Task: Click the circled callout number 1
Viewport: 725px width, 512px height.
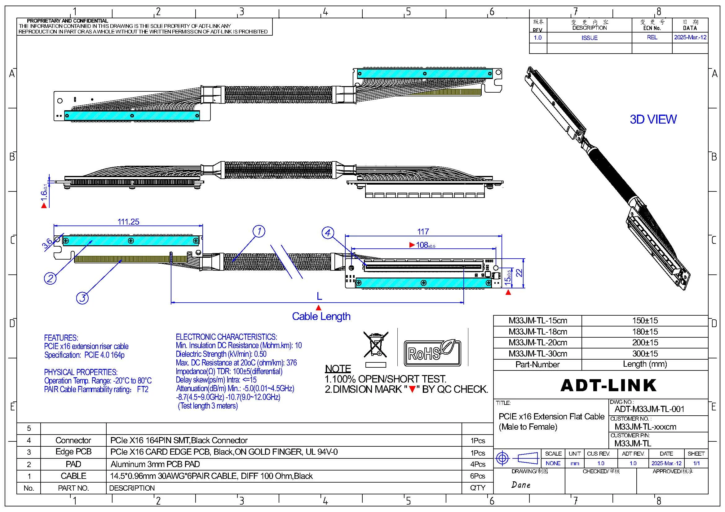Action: (x=259, y=231)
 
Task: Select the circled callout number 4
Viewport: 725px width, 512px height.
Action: (x=328, y=233)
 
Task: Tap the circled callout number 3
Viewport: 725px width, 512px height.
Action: (x=82, y=297)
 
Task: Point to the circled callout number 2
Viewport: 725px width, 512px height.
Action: (x=50, y=278)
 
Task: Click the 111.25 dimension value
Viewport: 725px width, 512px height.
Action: (x=129, y=221)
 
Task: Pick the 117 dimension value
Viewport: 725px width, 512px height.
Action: (x=423, y=232)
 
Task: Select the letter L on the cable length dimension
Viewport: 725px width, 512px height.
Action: (x=319, y=296)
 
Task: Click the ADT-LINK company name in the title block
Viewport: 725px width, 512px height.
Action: (x=608, y=385)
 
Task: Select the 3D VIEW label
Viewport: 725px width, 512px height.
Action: (x=653, y=119)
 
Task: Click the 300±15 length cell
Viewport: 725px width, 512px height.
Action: (x=645, y=353)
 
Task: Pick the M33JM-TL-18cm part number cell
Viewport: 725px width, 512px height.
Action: (x=538, y=331)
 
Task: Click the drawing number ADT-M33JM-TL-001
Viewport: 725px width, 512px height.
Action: (x=650, y=409)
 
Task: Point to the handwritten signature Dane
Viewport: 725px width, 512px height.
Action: (x=521, y=485)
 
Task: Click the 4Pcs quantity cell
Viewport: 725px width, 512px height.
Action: (x=477, y=464)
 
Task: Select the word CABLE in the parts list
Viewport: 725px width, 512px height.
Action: (x=73, y=476)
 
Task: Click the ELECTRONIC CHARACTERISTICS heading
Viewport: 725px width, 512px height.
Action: (x=226, y=337)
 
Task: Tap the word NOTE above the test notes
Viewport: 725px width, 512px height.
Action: (x=338, y=369)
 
